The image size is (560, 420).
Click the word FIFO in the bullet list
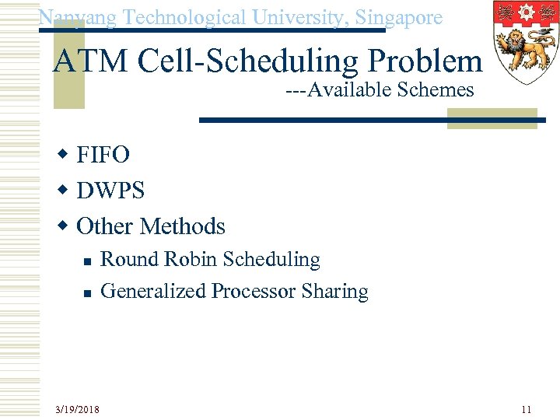[103, 156]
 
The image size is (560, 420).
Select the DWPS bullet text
[110, 191]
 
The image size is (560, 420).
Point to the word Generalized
[153, 292]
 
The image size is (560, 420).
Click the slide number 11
[526, 408]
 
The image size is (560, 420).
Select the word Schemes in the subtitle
[435, 91]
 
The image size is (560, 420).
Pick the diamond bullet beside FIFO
[65, 156]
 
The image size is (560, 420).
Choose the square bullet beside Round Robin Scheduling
[88, 261]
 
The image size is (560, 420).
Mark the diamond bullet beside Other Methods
[65, 226]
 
